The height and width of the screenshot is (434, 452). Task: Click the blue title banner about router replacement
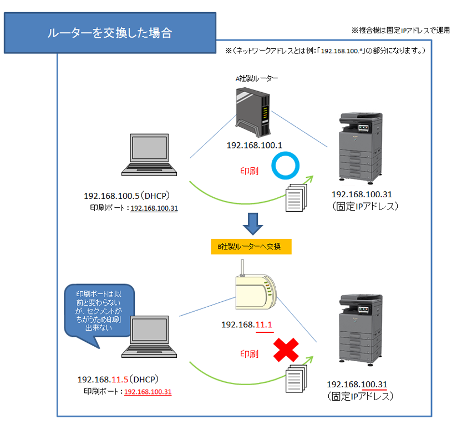[110, 33]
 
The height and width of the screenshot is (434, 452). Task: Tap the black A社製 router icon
[253, 112]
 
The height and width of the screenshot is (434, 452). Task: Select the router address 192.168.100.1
[254, 145]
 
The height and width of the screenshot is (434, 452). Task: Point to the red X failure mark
[286, 350]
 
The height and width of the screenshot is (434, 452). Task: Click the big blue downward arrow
[253, 224]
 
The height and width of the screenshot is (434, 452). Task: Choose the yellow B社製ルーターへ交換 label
[251, 247]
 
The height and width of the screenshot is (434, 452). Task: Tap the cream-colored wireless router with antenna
[256, 289]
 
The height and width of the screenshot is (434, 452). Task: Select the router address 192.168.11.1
[247, 325]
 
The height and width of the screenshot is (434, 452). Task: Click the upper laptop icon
[149, 155]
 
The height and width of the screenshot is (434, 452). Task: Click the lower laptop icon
[149, 337]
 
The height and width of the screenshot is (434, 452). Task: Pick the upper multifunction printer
[360, 148]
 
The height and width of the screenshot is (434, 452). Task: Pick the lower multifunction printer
[360, 330]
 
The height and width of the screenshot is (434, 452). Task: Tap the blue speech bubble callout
[99, 312]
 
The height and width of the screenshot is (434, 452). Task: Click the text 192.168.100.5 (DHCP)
[126, 196]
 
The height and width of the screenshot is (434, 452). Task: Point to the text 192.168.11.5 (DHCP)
[118, 380]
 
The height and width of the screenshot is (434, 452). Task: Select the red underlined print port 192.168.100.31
[148, 392]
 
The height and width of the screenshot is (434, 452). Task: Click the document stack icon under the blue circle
[296, 197]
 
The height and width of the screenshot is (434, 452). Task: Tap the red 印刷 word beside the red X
[250, 354]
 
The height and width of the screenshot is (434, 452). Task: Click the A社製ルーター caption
[257, 78]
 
